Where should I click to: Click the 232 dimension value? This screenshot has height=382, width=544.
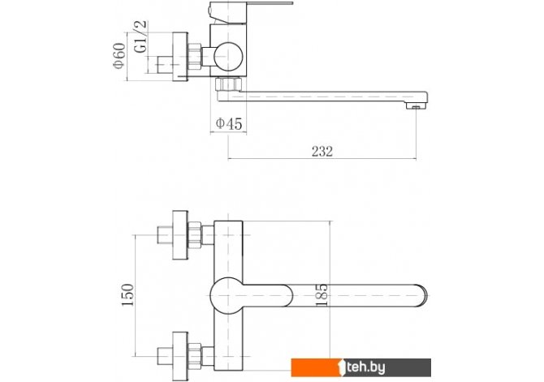(322, 152)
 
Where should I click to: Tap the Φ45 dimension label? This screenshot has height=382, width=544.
(229, 123)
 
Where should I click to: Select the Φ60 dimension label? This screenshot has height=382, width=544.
(119, 55)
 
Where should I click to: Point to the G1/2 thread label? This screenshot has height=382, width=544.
(141, 36)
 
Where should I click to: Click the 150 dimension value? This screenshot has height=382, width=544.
(127, 295)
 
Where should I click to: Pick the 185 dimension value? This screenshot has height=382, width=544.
(322, 295)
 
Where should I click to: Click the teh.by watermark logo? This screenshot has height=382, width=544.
(361, 367)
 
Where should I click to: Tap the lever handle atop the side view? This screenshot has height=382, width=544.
(251, 11)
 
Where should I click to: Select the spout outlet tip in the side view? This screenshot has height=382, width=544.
(417, 105)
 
